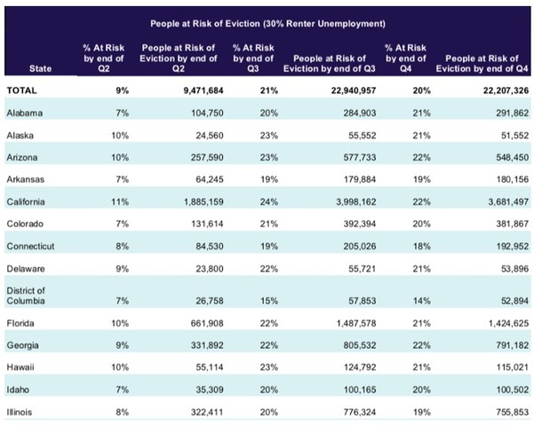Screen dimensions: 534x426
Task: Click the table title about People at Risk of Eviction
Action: click(267, 23)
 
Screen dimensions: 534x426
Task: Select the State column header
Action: click(40, 68)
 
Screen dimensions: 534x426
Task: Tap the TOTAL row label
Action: click(21, 91)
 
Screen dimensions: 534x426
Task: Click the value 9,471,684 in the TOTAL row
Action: click(203, 91)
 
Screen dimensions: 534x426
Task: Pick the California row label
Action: click(26, 201)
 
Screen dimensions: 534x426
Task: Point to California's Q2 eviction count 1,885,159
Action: click(203, 201)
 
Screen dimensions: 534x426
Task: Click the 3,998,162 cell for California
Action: click(356, 201)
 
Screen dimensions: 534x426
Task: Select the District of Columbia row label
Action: click(26, 296)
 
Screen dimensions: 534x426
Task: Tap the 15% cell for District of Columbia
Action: click(269, 301)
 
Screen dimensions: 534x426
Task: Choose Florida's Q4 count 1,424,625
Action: click(508, 323)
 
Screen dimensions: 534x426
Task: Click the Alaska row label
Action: click(20, 136)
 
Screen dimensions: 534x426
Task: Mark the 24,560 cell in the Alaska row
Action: click(210, 136)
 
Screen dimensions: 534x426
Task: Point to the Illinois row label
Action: click(19, 413)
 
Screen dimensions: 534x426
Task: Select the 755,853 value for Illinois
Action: click(513, 413)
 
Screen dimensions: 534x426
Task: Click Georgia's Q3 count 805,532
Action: click(360, 345)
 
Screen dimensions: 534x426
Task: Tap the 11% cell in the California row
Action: click(120, 201)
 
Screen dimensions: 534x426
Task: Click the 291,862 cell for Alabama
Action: click(512, 113)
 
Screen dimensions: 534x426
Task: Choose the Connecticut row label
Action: click(30, 247)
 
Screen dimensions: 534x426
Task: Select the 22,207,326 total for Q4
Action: click(506, 91)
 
